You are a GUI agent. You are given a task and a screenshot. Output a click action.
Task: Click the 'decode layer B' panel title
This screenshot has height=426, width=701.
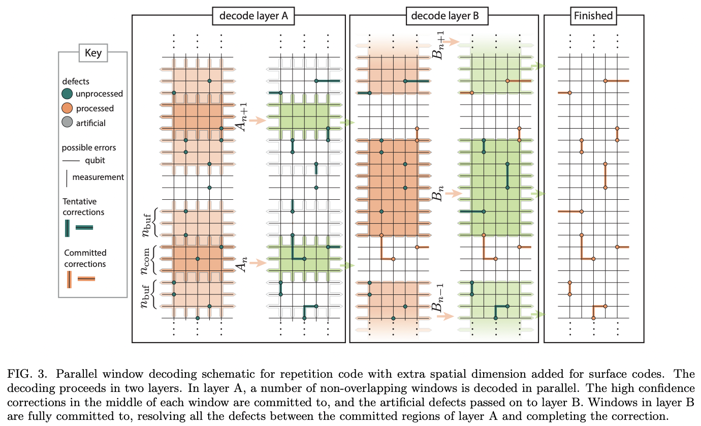444,16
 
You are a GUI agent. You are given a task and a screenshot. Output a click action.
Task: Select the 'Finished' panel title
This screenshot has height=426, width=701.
593,16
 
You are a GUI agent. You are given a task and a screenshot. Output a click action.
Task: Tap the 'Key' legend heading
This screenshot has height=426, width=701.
93,52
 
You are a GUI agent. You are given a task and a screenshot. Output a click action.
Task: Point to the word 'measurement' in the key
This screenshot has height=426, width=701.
98,177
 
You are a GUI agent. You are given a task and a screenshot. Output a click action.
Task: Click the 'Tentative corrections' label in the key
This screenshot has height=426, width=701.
83,207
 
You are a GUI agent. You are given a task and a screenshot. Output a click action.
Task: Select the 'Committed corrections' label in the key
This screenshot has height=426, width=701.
85,258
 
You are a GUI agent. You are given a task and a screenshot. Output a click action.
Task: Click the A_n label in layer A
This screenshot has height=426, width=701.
244,263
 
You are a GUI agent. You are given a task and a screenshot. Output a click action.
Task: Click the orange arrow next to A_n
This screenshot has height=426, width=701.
258,263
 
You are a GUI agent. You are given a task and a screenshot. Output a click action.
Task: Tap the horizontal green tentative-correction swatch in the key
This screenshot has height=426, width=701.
84,228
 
